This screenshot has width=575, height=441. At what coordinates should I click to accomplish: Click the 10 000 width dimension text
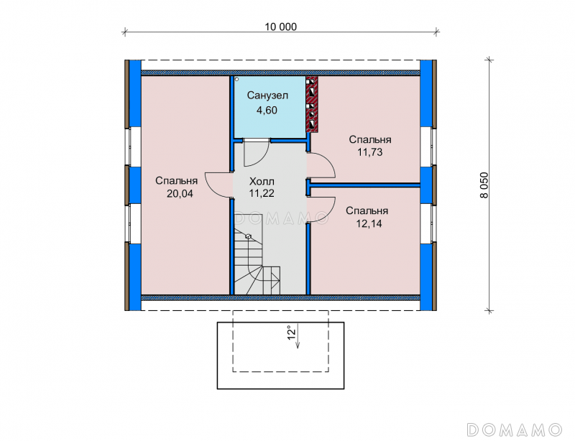280,27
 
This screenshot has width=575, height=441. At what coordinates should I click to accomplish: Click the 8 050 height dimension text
484,185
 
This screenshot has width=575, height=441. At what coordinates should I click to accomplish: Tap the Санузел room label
267,96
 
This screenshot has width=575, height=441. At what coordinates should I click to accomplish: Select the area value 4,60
267,110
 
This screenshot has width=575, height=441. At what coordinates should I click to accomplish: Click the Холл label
262,182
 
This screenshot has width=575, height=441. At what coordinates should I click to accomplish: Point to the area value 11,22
262,193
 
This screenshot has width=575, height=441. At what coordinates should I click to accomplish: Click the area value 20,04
180,193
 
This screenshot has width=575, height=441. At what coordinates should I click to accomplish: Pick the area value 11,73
370,152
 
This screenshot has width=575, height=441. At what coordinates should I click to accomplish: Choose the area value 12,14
369,223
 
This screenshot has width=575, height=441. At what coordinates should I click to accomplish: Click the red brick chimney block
312,104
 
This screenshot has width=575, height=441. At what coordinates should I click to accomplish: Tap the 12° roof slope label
291,333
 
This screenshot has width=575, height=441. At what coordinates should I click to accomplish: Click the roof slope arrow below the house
298,335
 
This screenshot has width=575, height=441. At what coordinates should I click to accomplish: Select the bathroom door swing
257,152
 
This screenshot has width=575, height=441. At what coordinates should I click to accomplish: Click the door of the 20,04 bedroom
218,185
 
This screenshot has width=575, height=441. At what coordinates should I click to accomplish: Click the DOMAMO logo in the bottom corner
514,430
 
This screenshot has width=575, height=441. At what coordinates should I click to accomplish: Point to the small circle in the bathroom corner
237,79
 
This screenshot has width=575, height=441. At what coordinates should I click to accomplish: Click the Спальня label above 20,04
176,181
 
